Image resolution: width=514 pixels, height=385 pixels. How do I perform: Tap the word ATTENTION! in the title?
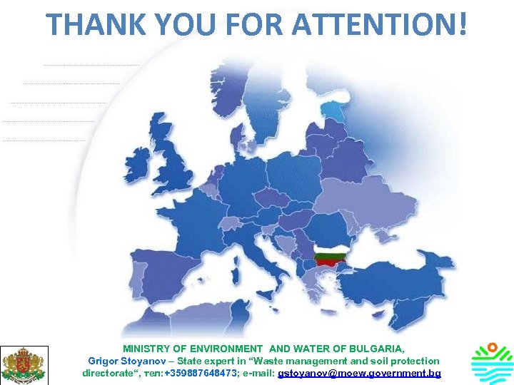pos(382,24)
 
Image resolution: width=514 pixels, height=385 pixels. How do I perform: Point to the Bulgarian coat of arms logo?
pos(24,364)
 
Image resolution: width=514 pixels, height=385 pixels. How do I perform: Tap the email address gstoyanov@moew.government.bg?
pos(359,373)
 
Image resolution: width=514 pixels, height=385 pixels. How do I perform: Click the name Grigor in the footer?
pos(103,361)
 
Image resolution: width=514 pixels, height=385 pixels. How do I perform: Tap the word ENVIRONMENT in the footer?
pos(222,349)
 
